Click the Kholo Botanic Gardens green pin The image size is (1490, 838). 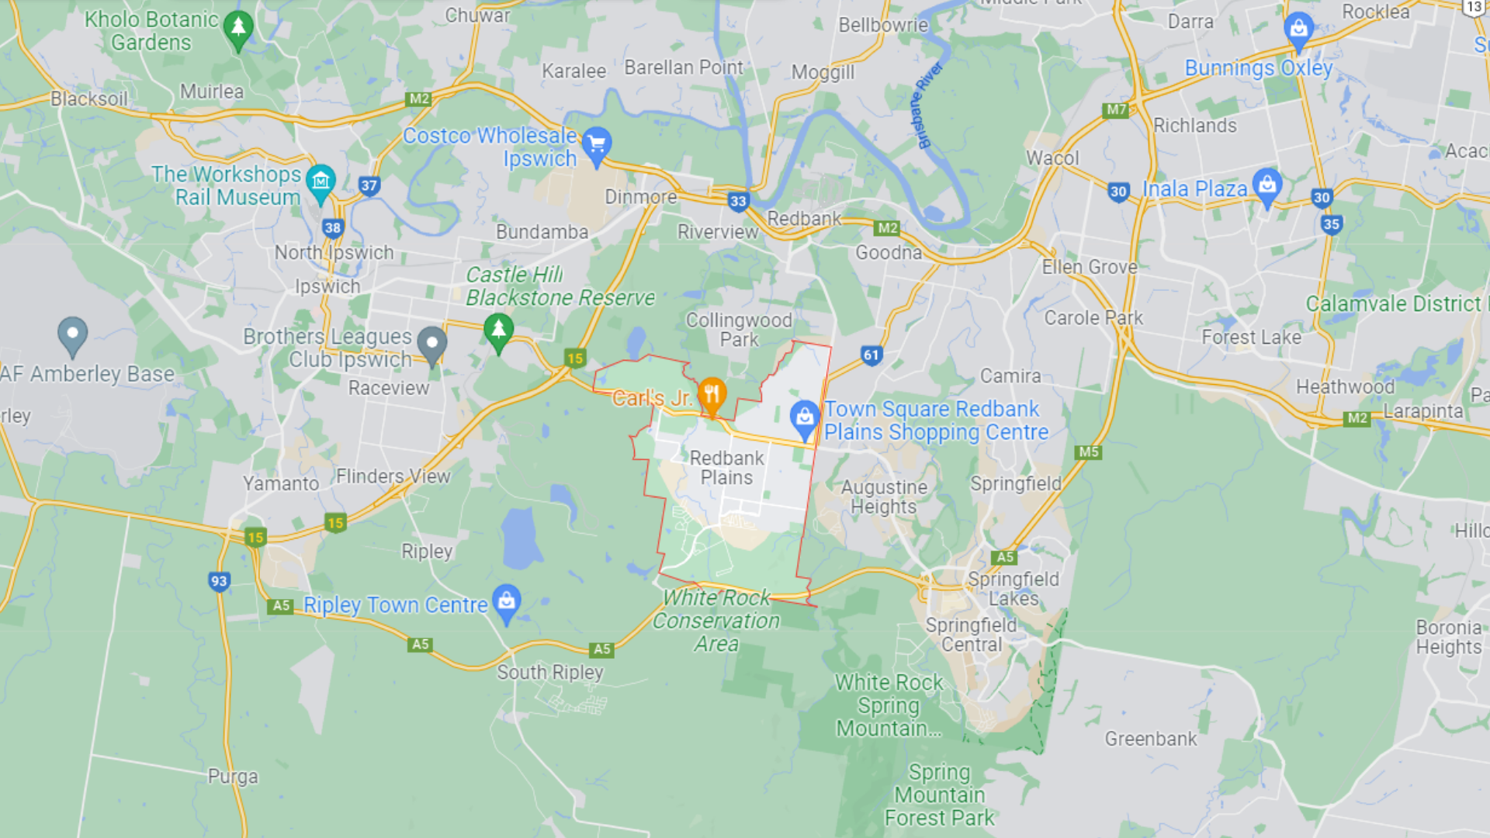pyautogui.click(x=238, y=29)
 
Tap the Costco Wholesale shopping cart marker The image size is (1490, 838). pyautogui.click(x=597, y=144)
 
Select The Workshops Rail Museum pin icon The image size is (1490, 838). pyautogui.click(x=321, y=183)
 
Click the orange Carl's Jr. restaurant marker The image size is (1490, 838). pyautogui.click(x=712, y=394)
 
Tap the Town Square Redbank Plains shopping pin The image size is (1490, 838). pyautogui.click(x=805, y=418)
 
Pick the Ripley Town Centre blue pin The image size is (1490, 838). pyautogui.click(x=507, y=602)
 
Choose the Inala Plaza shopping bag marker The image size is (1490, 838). pyautogui.click(x=1266, y=186)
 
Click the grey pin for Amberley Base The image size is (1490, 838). pyautogui.click(x=72, y=334)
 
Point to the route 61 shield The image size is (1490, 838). pyautogui.click(x=871, y=355)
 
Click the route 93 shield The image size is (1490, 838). pyautogui.click(x=219, y=581)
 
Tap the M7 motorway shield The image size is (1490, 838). pyautogui.click(x=1116, y=110)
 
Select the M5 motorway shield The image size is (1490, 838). pyautogui.click(x=1089, y=452)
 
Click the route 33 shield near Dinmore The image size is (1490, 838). pyautogui.click(x=738, y=202)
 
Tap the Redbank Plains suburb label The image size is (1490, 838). pyautogui.click(x=726, y=468)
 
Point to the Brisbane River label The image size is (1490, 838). pyautogui.click(x=929, y=105)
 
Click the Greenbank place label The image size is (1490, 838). pyautogui.click(x=1150, y=739)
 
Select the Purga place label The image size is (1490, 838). pyautogui.click(x=233, y=777)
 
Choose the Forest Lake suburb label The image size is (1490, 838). pyautogui.click(x=1251, y=338)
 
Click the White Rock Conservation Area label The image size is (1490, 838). pyautogui.click(x=716, y=621)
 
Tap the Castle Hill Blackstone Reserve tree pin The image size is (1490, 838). pyautogui.click(x=498, y=331)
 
